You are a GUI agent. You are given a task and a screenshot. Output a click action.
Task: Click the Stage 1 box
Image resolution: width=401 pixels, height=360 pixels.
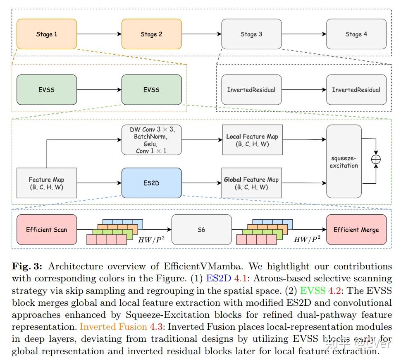pyautogui.click(x=47, y=34)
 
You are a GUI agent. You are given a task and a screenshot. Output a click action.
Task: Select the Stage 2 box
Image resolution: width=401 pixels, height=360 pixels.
pyautogui.click(x=152, y=34)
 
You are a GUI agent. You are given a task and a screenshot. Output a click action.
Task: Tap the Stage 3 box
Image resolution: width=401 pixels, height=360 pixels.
pyautogui.click(x=251, y=34)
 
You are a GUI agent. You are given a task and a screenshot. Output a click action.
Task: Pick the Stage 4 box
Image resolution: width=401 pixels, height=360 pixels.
pyautogui.click(x=356, y=34)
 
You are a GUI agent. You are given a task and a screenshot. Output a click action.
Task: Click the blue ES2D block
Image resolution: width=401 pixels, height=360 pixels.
pyautogui.click(x=152, y=183)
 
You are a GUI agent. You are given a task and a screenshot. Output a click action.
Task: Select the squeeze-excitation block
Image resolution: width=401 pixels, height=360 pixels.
pyautogui.click(x=344, y=161)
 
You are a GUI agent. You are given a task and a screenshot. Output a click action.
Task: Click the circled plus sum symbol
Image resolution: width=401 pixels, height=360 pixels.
pyautogui.click(x=376, y=159)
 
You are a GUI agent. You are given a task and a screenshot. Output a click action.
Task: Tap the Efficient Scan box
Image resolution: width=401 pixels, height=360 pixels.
pyautogui.click(x=47, y=229)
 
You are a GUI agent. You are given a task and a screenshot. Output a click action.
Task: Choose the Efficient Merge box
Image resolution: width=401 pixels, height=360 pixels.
pyautogui.click(x=356, y=229)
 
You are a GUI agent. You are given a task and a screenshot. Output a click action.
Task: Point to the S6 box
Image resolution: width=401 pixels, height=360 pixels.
pyautogui.click(x=201, y=229)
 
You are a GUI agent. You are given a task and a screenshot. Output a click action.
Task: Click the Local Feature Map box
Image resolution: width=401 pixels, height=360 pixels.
pyautogui.click(x=253, y=140)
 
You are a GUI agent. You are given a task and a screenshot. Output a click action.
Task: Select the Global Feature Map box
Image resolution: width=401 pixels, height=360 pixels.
pyautogui.click(x=251, y=183)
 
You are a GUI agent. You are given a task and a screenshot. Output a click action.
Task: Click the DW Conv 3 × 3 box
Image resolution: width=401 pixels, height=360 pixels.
pyautogui.click(x=152, y=140)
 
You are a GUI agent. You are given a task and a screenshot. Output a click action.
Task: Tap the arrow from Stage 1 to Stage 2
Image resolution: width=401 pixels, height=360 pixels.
pyautogui.click(x=99, y=34)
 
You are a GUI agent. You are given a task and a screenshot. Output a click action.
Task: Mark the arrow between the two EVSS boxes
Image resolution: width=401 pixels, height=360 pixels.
pyautogui.click(x=99, y=90)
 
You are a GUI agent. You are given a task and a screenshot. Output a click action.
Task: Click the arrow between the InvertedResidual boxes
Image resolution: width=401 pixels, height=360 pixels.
pyautogui.click(x=304, y=90)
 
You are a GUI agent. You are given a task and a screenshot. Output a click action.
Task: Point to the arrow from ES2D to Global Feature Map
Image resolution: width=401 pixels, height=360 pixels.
pyautogui.click(x=201, y=183)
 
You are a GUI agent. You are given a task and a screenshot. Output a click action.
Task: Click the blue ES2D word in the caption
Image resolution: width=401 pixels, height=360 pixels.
pyautogui.click(x=219, y=278)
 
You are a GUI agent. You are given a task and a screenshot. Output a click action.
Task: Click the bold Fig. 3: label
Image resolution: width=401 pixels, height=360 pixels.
pyautogui.click(x=27, y=266)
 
